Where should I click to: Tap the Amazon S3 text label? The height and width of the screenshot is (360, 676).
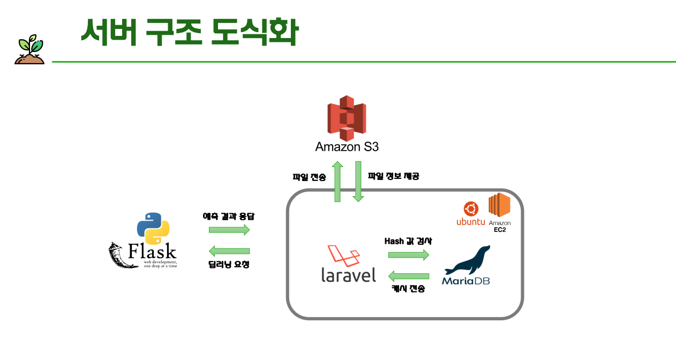point(347,146)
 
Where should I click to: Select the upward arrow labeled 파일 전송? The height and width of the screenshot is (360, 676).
point(338,182)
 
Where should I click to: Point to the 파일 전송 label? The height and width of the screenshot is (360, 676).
point(309,177)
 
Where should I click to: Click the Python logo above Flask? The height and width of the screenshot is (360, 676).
point(153,228)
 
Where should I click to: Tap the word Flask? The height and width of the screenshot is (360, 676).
point(152,251)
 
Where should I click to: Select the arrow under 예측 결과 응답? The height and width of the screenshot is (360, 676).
point(229,230)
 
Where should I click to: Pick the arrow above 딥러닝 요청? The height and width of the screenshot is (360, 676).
point(229,251)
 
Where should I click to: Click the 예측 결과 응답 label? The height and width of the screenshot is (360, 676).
point(229,216)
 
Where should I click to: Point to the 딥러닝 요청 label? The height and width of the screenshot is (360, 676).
point(229,264)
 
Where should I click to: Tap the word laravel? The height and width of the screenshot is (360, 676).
point(349,274)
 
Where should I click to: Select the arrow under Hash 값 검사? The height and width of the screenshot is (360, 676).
point(409,255)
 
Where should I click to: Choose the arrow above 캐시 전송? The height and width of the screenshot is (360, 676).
point(409,276)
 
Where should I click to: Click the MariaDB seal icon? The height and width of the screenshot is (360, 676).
point(468,260)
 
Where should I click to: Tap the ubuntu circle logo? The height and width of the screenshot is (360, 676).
point(471,209)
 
